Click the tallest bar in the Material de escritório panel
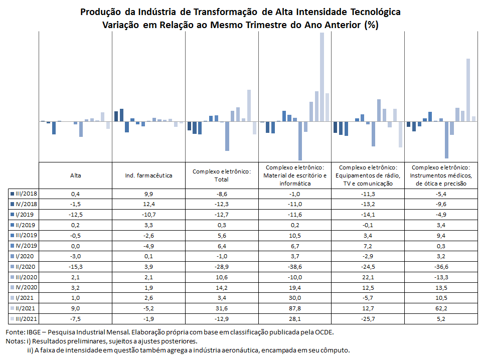[x=322, y=77]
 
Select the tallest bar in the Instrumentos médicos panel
[x=468, y=90]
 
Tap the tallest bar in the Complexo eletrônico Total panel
[x=249, y=105]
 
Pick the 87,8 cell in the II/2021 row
[x=295, y=308]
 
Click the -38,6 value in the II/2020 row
[x=295, y=267]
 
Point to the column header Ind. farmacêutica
[x=149, y=175]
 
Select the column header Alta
[x=75, y=175]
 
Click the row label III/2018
[x=27, y=194]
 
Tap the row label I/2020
[x=25, y=256]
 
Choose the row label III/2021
[x=27, y=318]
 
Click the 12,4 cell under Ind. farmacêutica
[x=149, y=204]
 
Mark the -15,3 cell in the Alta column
[x=75, y=267]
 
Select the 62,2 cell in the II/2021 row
[x=441, y=308]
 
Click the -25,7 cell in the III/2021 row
[x=368, y=319]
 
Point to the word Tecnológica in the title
[x=376, y=12]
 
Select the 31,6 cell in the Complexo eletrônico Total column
[x=222, y=308]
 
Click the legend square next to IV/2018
[x=12, y=204]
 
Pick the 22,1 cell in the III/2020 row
[x=368, y=277]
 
